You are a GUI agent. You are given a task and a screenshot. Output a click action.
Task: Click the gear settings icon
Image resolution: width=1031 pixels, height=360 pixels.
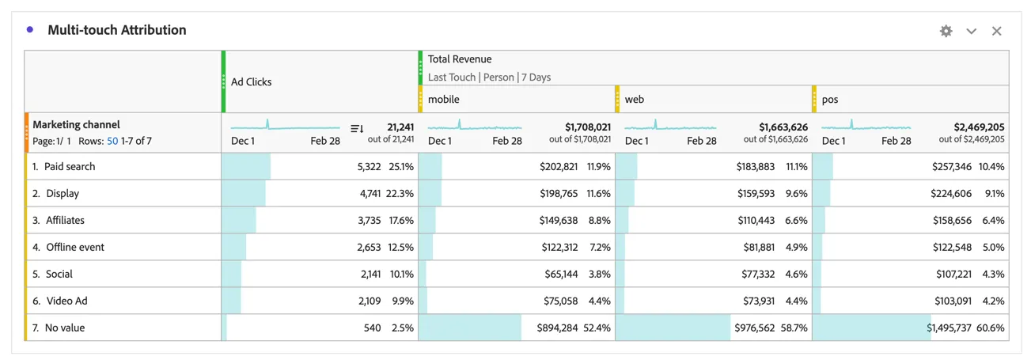point(946,31)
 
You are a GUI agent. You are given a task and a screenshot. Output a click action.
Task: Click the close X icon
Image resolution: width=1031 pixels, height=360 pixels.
point(996,31)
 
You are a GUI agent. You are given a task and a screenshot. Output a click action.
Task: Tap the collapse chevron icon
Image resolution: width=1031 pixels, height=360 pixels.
point(971,32)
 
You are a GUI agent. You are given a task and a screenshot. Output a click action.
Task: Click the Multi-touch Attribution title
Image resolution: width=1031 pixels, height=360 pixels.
point(117,30)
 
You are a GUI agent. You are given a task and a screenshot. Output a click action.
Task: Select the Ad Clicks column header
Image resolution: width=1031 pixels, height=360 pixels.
point(252,82)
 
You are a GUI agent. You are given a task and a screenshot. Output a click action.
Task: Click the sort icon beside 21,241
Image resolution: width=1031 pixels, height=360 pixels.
point(357,128)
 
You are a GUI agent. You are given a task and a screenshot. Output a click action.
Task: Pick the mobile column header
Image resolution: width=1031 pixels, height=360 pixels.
point(444,100)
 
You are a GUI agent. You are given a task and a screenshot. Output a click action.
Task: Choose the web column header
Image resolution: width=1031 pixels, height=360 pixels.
point(635,100)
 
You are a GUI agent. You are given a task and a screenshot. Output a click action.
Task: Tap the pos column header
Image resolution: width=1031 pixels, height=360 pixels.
point(830,100)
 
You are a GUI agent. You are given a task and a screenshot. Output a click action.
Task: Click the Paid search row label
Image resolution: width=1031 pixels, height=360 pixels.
point(70,167)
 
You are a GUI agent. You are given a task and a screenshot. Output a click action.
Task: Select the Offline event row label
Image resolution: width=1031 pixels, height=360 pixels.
point(75,247)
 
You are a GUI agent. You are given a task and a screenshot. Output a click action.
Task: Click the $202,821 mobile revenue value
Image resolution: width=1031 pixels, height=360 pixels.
point(559,167)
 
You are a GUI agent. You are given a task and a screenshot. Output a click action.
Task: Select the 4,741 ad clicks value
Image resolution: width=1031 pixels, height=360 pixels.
point(370,193)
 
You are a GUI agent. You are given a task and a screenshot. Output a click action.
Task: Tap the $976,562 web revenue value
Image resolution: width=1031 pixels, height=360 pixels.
point(754,328)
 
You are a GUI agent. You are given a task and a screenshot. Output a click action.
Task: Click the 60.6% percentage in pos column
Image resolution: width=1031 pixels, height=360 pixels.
point(991,328)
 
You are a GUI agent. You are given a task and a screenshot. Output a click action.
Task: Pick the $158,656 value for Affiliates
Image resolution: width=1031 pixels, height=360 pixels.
point(953,221)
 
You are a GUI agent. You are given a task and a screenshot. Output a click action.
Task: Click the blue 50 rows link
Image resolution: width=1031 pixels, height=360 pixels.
point(112,141)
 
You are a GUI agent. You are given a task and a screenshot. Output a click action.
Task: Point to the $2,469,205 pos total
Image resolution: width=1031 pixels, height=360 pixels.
point(979,127)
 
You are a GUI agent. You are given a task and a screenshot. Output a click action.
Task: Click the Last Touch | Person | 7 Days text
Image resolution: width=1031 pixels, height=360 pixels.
point(489,78)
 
